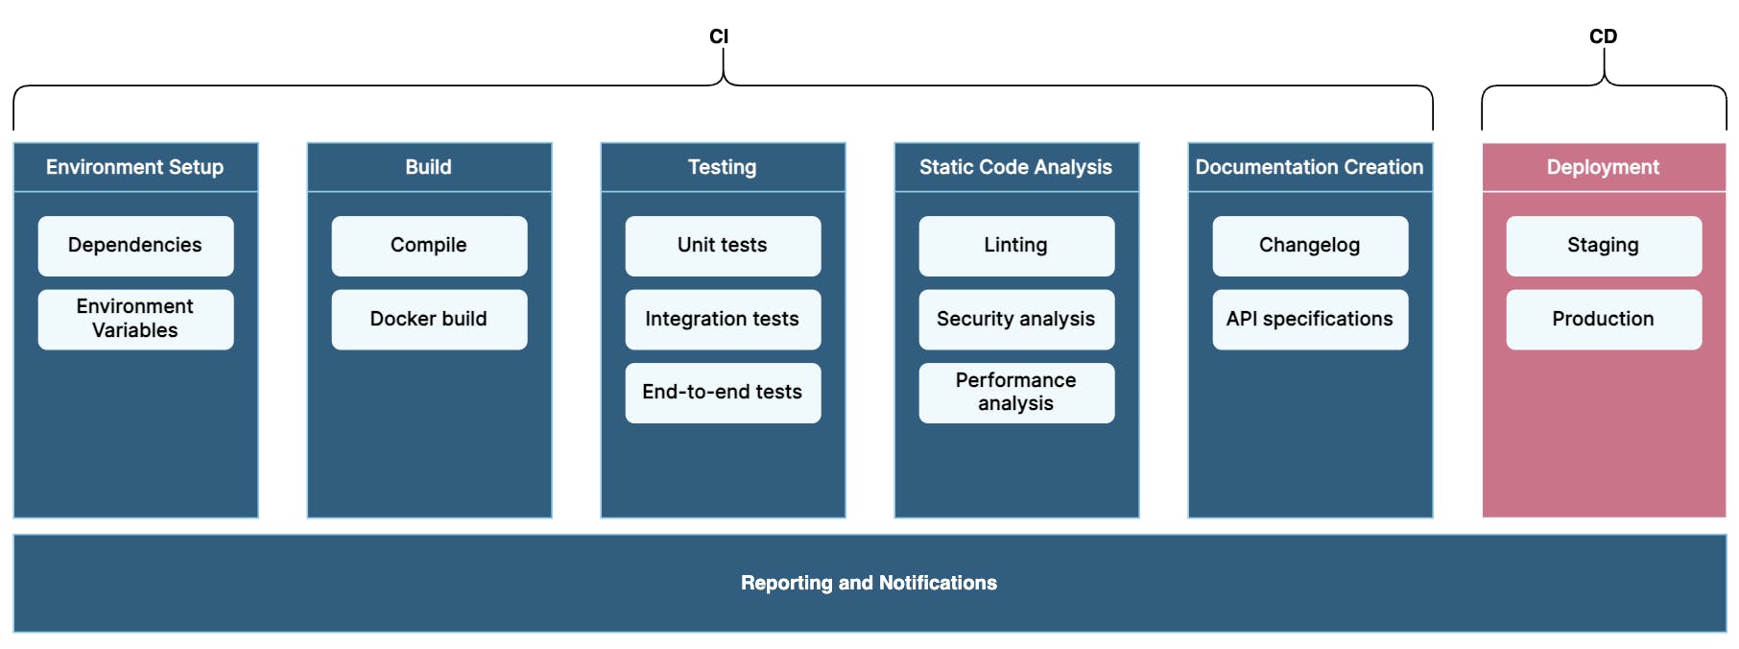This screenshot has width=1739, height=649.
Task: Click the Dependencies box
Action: pyautogui.click(x=135, y=246)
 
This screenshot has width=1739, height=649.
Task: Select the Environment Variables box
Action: pyautogui.click(x=135, y=320)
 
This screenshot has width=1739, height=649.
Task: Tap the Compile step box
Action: pyautogui.click(x=429, y=246)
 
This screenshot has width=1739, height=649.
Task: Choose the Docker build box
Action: pyautogui.click(x=429, y=320)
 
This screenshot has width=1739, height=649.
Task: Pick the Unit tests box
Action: pyautogui.click(x=723, y=246)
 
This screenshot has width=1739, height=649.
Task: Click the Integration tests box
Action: pyautogui.click(x=723, y=320)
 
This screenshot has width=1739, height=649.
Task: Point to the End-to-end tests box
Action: pyautogui.click(x=723, y=393)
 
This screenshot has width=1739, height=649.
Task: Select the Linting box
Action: pyautogui.click(x=1016, y=246)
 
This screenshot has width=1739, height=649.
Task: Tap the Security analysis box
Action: pyautogui.click(x=1016, y=320)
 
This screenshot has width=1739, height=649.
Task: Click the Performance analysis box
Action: pyautogui.click(x=1016, y=393)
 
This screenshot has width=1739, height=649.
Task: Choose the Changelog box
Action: pyautogui.click(x=1310, y=246)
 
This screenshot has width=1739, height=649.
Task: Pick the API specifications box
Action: pyautogui.click(x=1310, y=320)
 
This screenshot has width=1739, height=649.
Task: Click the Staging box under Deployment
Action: pyautogui.click(x=1604, y=246)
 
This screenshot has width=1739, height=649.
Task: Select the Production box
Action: pyautogui.click(x=1604, y=320)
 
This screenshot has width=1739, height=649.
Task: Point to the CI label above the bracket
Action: pyautogui.click(x=719, y=36)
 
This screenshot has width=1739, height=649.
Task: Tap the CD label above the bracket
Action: pyautogui.click(x=1603, y=36)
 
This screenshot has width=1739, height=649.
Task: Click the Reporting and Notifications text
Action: pyautogui.click(x=869, y=583)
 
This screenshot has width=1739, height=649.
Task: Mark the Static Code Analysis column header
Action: pyautogui.click(x=1016, y=167)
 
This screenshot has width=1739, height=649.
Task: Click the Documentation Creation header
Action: pyautogui.click(x=1310, y=167)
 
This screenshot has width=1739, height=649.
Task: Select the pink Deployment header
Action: pyautogui.click(x=1604, y=167)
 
